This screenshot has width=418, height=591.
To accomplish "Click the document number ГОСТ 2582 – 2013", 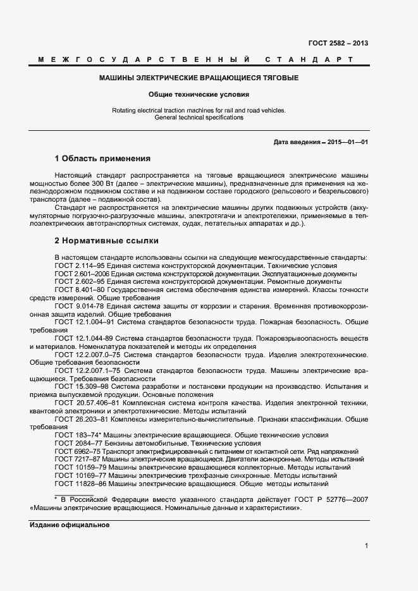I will pyautogui.click(x=338, y=44).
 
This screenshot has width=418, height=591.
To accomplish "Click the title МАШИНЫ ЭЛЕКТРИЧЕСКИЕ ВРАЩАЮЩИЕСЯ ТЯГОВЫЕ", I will pyautogui.click(x=199, y=78).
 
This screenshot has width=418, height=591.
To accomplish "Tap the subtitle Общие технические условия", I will pyautogui.click(x=199, y=95).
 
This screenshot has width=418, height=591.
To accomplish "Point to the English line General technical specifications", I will pyautogui.click(x=199, y=118).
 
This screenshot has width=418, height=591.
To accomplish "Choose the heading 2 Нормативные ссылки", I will pyautogui.click(x=106, y=241).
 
